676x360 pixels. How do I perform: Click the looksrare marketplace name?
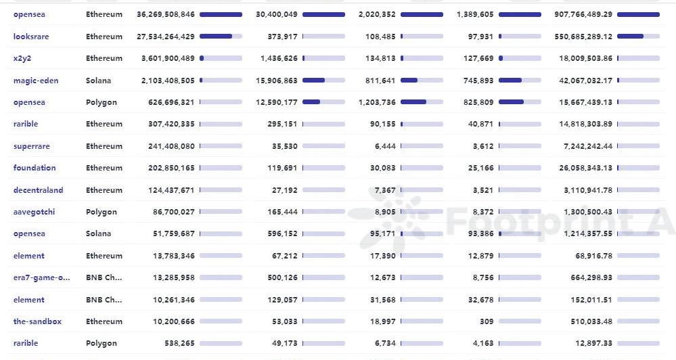(x=31, y=37)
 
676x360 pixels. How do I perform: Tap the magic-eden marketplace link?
(x=36, y=81)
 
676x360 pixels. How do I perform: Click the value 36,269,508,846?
(x=165, y=14)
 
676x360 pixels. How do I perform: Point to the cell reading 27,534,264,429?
(x=165, y=37)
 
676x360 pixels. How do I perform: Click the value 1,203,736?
(x=374, y=102)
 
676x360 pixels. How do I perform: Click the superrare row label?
(x=32, y=146)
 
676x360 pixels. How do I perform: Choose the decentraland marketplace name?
(x=39, y=190)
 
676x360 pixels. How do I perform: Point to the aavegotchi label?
(x=35, y=212)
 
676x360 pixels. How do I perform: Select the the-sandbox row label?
(x=37, y=321)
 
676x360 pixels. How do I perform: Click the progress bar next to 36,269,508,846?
(x=221, y=14)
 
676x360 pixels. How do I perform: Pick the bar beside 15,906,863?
(x=323, y=81)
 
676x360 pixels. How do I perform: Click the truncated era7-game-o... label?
(x=41, y=277)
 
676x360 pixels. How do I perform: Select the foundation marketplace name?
(x=35, y=168)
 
